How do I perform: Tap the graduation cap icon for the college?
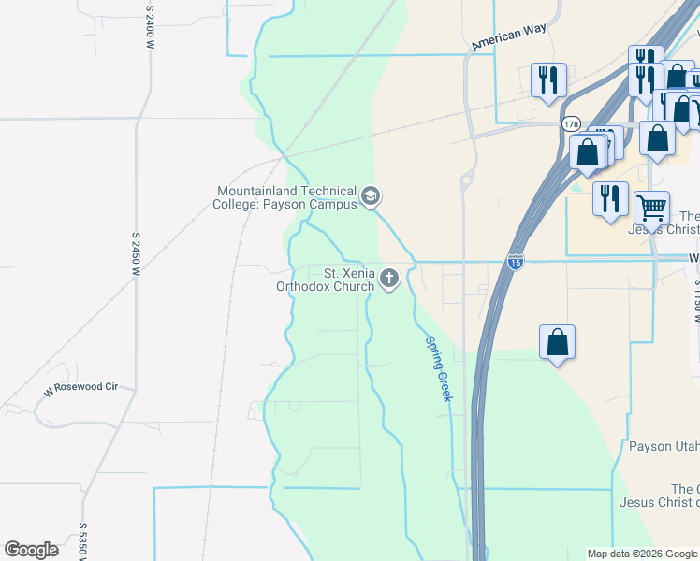coord(371,196)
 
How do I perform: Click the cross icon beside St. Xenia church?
coord(389,278)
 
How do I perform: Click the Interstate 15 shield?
coord(516,263)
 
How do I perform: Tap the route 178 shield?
coord(571,123)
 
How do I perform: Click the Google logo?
coord(31,550)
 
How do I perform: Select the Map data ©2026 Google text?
coord(642,554)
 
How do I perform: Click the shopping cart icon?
coord(651,207)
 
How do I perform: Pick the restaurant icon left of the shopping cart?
coord(609,198)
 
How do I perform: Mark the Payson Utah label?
coord(664,446)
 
